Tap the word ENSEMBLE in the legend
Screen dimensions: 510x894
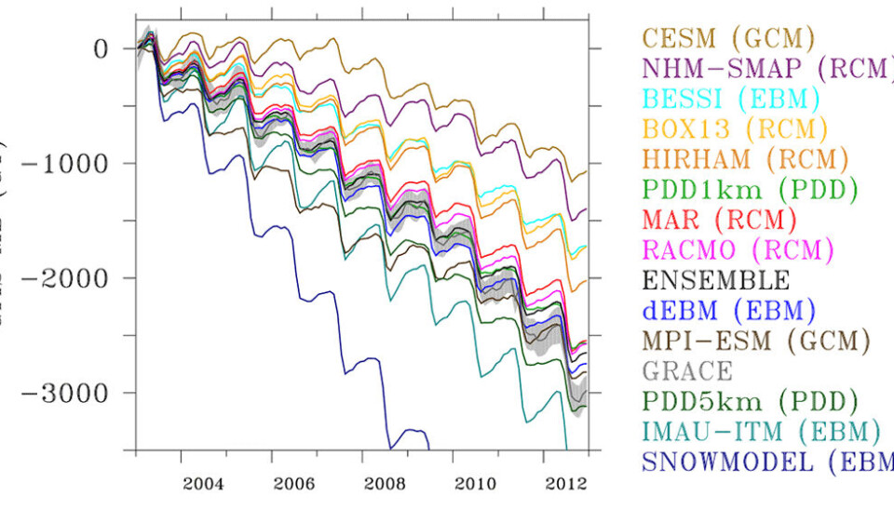click(x=716, y=280)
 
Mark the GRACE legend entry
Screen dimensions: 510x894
click(x=687, y=370)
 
